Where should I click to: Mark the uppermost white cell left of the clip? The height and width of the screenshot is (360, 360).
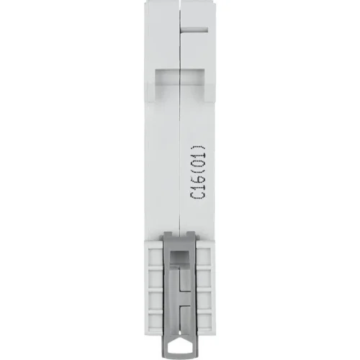point(156,256)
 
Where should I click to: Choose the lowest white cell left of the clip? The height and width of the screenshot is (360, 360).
point(156,320)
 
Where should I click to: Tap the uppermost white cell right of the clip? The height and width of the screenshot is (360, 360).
point(204,256)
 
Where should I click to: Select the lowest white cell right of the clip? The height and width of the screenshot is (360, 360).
point(204,320)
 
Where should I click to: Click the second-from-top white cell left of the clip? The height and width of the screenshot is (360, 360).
point(156,277)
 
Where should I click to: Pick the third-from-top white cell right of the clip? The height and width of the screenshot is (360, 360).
point(204,299)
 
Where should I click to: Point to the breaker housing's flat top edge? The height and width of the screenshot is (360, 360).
point(180,2)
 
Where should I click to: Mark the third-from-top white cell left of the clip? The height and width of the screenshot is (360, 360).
point(156,299)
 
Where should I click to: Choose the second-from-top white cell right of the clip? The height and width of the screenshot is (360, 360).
point(204,277)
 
